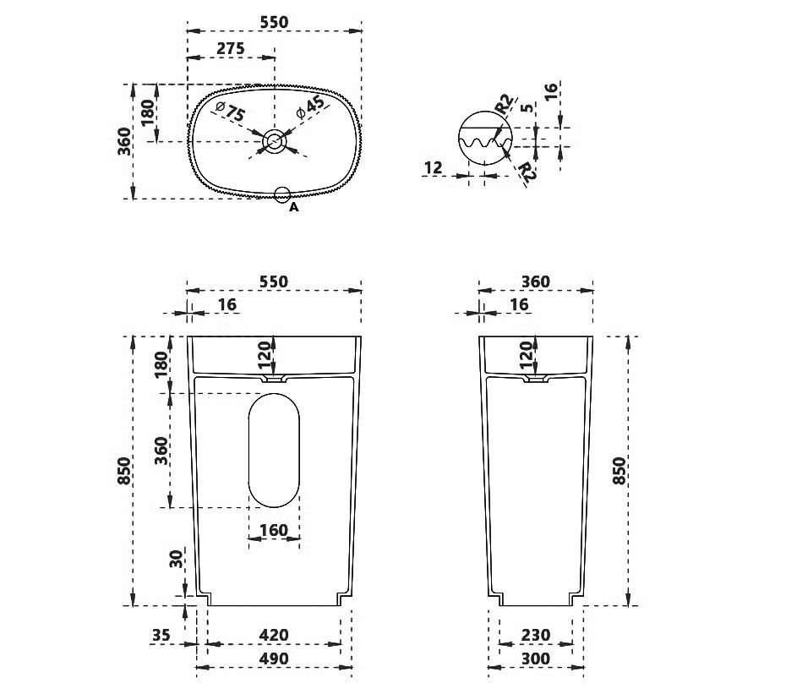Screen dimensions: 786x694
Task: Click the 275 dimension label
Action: point(231,48)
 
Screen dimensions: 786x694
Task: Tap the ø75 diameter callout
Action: point(230,112)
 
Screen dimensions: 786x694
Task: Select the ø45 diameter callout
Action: point(310,107)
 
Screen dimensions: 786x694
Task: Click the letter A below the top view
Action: point(294,207)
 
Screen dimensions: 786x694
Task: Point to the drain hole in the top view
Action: point(274,141)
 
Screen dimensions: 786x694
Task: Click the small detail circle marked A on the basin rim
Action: point(283,195)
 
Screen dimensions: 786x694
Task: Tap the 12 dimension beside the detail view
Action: point(433,167)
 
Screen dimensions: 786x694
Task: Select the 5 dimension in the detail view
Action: point(527,108)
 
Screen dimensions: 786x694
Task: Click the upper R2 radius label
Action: point(505,104)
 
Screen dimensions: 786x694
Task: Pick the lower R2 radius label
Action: point(527,171)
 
